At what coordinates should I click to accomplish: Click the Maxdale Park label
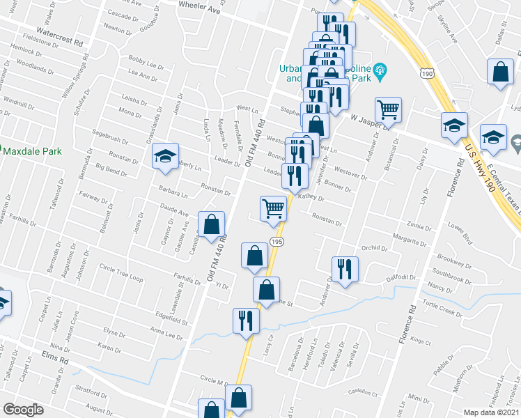31,151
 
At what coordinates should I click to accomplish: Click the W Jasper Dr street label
369,119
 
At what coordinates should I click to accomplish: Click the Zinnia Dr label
420,226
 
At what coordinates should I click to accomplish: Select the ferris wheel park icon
380,68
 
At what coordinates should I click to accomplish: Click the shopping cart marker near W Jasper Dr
388,109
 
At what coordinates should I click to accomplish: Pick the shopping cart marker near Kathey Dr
273,208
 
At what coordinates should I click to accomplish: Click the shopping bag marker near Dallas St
500,71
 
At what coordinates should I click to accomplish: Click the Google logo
23,410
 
